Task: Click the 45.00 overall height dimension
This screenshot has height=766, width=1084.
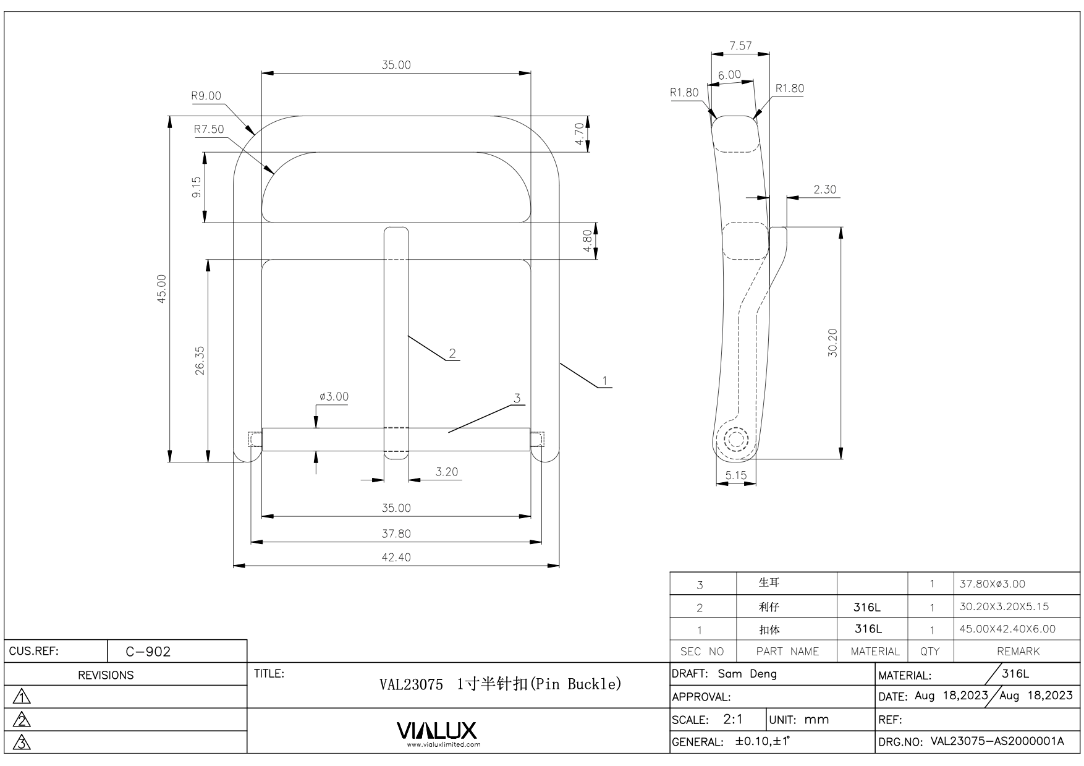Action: (161, 289)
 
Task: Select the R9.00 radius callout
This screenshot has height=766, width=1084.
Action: (206, 96)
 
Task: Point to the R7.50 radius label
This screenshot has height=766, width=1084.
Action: (209, 129)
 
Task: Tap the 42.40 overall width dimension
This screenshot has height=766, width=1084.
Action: (396, 557)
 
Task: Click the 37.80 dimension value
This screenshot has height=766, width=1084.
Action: (396, 534)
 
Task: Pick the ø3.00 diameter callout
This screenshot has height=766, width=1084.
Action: (334, 396)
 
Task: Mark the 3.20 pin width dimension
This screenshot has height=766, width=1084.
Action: (447, 472)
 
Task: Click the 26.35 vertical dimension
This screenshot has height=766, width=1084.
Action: (200, 360)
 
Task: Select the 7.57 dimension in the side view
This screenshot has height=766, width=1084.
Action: (740, 46)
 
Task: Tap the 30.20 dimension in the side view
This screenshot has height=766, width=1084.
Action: (832, 343)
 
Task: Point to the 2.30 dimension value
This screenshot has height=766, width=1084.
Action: (824, 189)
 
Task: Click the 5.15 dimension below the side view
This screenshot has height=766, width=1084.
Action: (736, 475)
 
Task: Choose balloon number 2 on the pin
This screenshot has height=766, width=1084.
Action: (452, 353)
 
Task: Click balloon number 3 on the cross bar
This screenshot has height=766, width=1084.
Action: (517, 398)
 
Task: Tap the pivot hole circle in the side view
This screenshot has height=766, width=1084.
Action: (735, 440)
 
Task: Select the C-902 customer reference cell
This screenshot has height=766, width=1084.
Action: (148, 652)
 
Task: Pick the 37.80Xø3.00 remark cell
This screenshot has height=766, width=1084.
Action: (993, 584)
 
